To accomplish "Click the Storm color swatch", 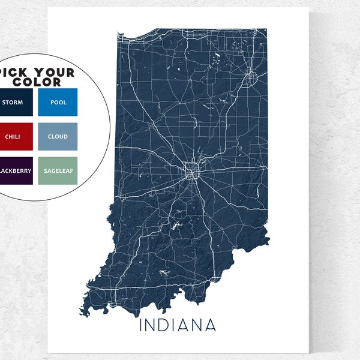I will [13, 103].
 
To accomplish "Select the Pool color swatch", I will [58, 103].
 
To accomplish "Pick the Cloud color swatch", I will [58, 137].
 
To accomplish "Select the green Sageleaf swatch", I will [58, 170].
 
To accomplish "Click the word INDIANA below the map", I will [178, 326].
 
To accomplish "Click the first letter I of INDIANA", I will [142, 326].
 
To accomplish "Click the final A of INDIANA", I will [211, 326].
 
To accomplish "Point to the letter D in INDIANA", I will [164, 326].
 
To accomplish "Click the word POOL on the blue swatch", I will [58, 103].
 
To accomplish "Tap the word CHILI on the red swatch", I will [13, 137].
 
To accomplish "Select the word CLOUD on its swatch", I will [58, 137].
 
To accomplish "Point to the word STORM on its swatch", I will [13, 103].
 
